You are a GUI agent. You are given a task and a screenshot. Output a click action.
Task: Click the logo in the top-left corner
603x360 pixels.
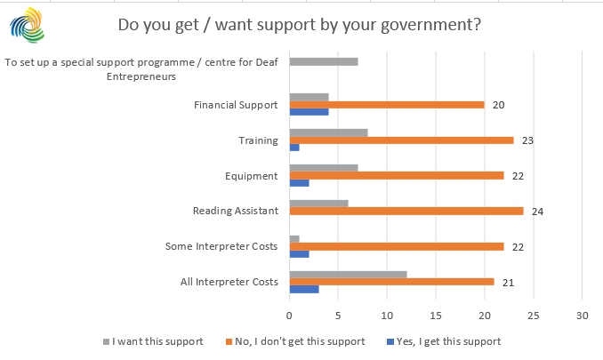26,24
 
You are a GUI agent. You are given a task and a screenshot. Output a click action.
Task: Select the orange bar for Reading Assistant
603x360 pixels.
406,211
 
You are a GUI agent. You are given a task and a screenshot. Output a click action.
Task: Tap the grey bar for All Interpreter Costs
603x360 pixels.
348,273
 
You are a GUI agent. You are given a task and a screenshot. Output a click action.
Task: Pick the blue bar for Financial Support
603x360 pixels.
309,112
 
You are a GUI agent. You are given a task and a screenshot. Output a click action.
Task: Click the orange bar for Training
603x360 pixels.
401,140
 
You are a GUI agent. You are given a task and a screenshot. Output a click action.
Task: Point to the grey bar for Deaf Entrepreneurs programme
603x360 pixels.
324,61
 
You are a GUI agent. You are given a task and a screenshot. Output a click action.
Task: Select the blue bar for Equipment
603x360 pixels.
299,183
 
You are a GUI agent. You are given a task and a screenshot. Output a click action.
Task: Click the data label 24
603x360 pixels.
536,212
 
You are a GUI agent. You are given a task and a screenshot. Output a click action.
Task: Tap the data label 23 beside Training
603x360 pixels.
527,140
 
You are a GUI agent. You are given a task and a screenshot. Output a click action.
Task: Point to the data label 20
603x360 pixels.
498,105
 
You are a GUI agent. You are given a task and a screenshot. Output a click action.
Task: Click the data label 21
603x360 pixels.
507,282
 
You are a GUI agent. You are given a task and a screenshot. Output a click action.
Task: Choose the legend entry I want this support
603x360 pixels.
158,340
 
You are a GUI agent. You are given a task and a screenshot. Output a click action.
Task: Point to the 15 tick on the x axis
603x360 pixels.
436,315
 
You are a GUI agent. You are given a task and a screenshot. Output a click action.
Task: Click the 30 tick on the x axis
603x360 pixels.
582,315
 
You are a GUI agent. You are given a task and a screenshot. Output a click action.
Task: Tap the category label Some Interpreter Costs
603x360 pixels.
222,246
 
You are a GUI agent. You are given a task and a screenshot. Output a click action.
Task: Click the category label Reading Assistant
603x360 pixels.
236,211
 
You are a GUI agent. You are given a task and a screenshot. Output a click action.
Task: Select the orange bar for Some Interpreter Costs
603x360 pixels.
396,246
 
